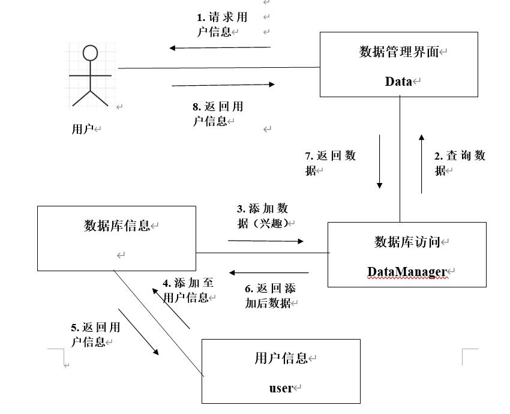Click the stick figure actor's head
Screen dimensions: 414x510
[90, 53]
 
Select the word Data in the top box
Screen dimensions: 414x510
[398, 82]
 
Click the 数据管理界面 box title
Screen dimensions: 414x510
[399, 52]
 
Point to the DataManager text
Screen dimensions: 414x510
[407, 272]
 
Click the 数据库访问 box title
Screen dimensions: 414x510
[407, 242]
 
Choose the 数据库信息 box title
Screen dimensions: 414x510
[117, 226]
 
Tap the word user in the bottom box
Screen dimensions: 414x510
[281, 388]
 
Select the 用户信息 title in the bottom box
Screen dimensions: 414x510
[281, 358]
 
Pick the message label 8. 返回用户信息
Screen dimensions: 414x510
[217, 114]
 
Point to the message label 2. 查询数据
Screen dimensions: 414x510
[459, 163]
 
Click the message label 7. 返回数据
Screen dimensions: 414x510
[330, 163]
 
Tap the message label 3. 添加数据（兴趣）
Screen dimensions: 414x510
[263, 216]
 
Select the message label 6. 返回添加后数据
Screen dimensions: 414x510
[270, 296]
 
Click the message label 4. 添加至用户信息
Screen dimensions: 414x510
[188, 290]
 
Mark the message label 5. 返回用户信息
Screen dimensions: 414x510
[95, 334]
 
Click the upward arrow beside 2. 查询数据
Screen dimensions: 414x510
[421, 164]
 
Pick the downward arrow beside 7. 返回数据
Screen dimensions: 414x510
[379, 161]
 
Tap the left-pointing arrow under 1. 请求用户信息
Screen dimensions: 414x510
[220, 47]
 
